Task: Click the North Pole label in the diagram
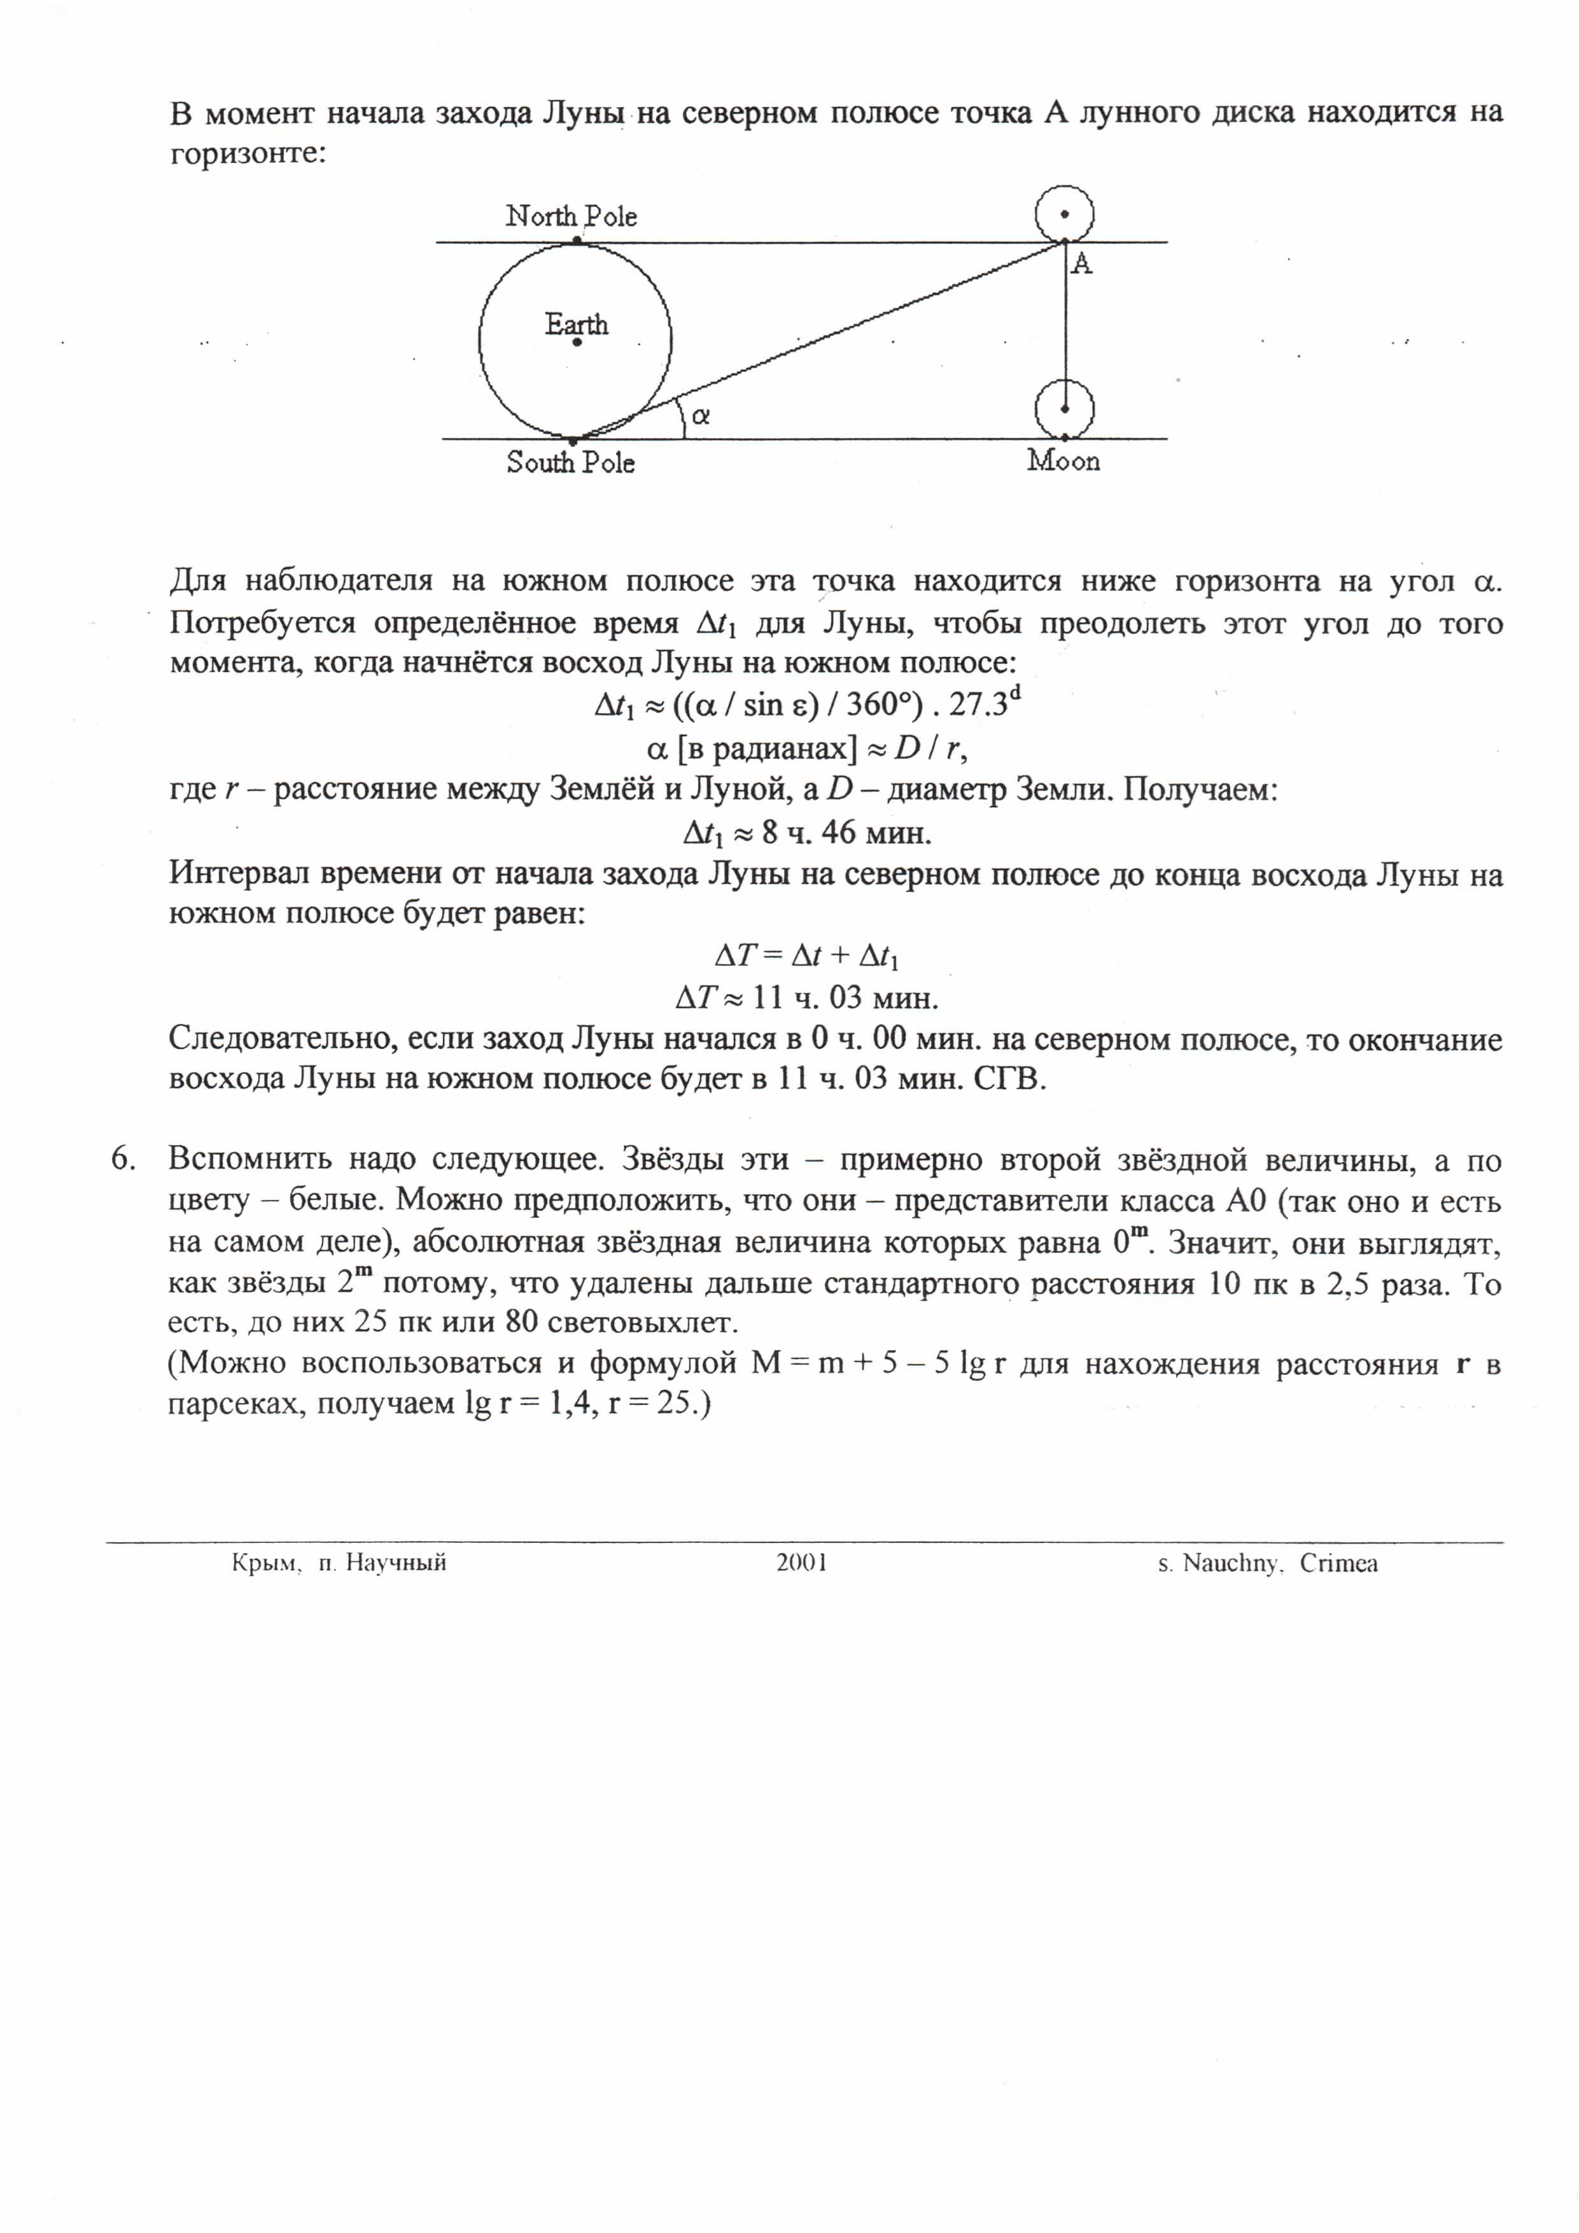click(571, 216)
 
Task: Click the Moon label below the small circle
click(1063, 461)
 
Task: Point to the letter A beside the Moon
click(1081, 264)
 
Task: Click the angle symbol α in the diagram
click(700, 416)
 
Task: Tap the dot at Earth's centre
click(577, 342)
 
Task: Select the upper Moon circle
click(1065, 214)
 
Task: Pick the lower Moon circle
click(1065, 409)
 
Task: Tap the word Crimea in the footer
click(1339, 1564)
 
